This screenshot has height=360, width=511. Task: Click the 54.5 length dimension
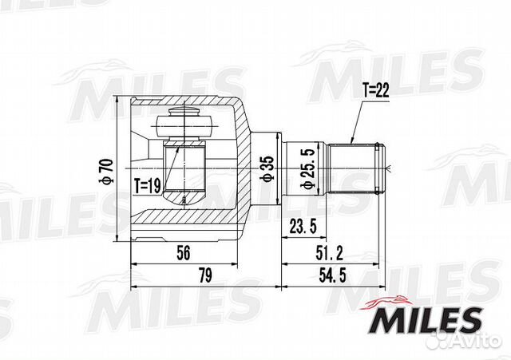point(332,277)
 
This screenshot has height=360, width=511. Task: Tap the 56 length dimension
point(184,254)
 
